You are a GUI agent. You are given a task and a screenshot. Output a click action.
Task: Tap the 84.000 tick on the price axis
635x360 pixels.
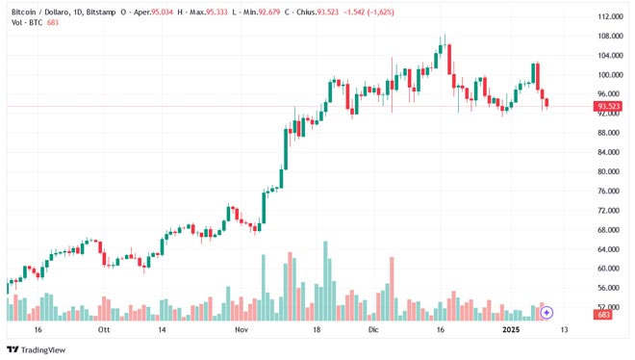[607, 152]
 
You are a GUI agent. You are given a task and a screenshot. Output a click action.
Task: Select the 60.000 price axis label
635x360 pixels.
[607, 269]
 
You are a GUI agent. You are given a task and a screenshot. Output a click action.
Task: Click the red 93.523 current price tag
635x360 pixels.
[607, 106]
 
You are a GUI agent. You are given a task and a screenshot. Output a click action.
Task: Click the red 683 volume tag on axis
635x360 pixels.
[604, 315]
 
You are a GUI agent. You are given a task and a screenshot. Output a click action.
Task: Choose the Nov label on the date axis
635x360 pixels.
[241, 329]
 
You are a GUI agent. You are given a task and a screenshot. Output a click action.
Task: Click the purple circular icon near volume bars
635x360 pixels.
[546, 313]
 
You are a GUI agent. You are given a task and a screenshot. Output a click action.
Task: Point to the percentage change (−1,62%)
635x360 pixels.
[407, 11]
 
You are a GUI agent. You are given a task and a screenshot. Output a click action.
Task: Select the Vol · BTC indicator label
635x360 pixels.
[26, 22]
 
